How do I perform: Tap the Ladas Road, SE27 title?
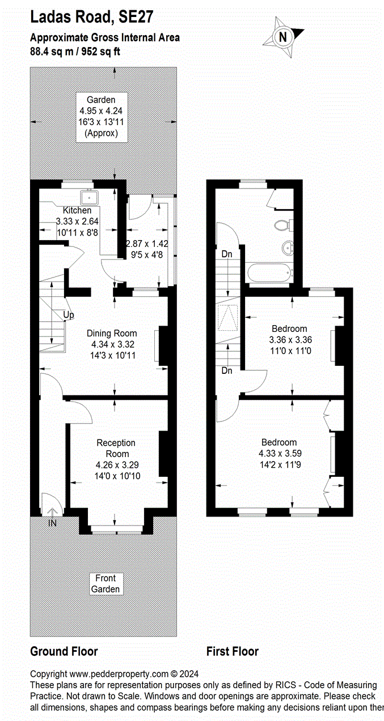pyautogui.click(x=91, y=18)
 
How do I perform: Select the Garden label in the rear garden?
pyautogui.click(x=101, y=100)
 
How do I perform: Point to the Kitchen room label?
pyautogui.click(x=77, y=211)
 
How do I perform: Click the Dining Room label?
pyautogui.click(x=112, y=333)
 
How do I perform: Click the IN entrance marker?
pyautogui.click(x=52, y=523)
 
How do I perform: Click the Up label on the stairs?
pyautogui.click(x=69, y=314)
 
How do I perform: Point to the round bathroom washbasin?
pyautogui.click(x=288, y=248)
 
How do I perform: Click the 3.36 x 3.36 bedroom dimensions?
pyautogui.click(x=290, y=340)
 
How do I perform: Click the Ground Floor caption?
pyautogui.click(x=64, y=651)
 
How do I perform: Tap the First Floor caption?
pyautogui.click(x=232, y=651)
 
